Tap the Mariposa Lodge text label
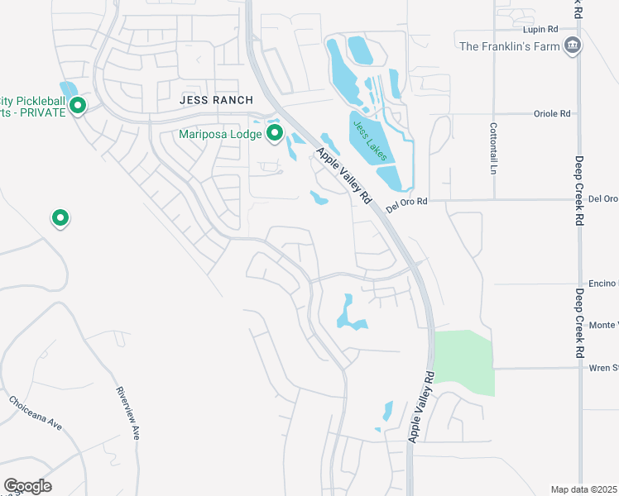[221, 134]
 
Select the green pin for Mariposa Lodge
[274, 134]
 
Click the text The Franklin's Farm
[509, 46]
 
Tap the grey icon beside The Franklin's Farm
[571, 45]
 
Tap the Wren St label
[603, 368]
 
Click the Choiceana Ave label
[36, 414]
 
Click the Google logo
[27, 486]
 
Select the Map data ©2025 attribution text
[583, 489]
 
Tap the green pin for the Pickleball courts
[79, 106]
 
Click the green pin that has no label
[60, 218]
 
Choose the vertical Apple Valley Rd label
[421, 406]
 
